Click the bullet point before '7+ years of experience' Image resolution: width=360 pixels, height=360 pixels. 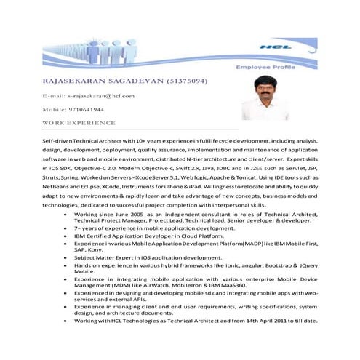tap(66, 228)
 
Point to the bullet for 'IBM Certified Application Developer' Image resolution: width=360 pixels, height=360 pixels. tap(66, 237)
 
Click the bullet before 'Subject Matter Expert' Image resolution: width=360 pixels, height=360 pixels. tap(66, 257)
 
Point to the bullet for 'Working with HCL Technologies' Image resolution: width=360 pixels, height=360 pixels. tap(66, 321)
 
